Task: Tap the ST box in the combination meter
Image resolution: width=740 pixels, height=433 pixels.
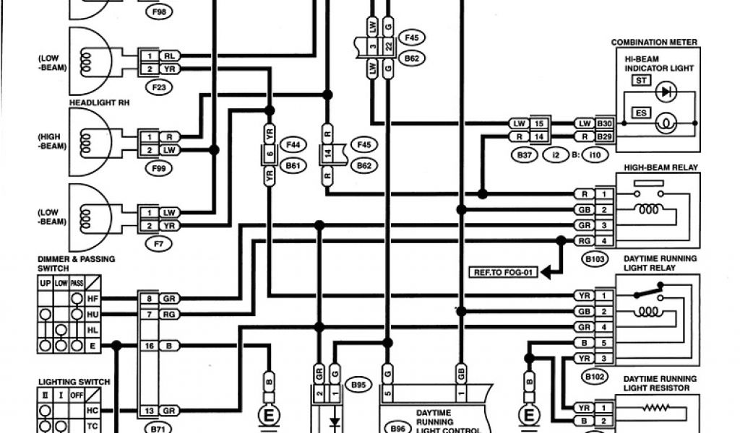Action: tap(640, 80)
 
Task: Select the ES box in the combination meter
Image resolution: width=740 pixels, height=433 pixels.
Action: tap(640, 113)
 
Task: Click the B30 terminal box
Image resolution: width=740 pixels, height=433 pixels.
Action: tap(604, 123)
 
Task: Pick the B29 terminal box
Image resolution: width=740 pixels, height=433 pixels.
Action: tap(604, 136)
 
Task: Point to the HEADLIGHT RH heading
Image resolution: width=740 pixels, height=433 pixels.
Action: tap(94, 102)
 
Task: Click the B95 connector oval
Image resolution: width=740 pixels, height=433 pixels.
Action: tap(358, 385)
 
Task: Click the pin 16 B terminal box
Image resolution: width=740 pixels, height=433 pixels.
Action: tap(158, 346)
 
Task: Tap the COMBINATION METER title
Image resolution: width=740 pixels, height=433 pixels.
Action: tap(654, 43)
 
